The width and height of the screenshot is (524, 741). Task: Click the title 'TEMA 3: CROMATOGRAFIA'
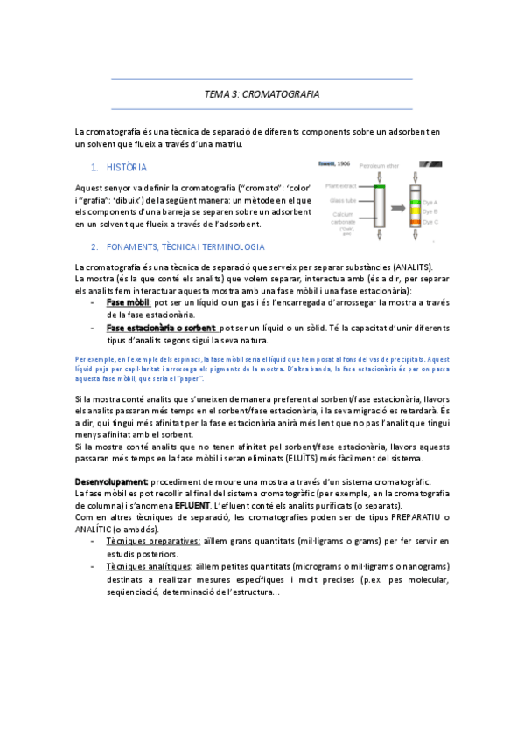(262, 94)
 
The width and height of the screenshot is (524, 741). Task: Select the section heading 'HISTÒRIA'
(126, 166)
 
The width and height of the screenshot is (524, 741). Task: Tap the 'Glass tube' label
(343, 200)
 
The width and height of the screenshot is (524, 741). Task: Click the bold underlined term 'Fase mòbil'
(128, 301)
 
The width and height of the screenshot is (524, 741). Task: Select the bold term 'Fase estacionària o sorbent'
(161, 328)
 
